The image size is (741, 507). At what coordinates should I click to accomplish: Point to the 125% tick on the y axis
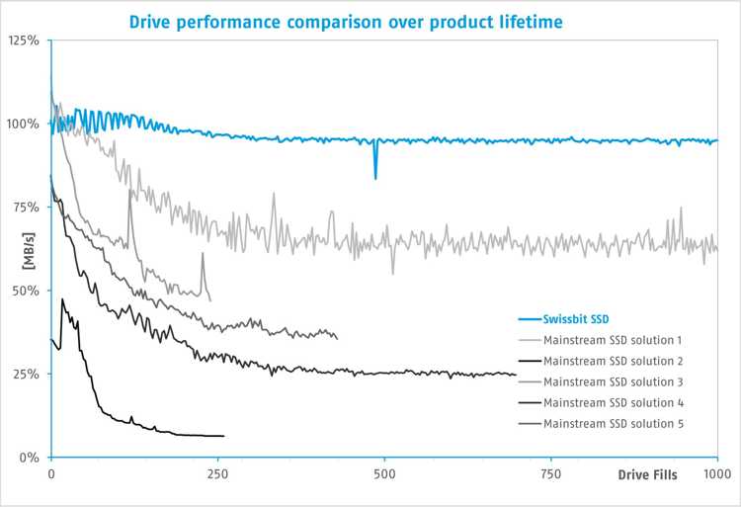tap(23, 41)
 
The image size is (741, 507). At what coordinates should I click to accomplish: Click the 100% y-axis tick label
tap(23, 125)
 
